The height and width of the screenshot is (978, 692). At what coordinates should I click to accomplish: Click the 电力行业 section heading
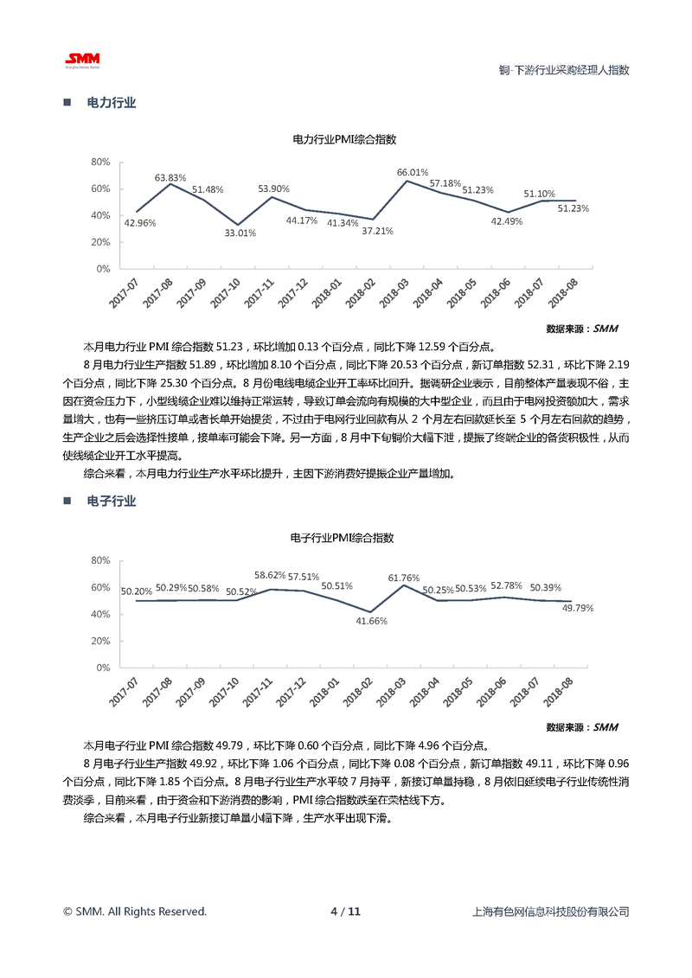click(112, 103)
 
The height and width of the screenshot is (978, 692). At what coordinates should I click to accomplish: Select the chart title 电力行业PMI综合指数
click(344, 139)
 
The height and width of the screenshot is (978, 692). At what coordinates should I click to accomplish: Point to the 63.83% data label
click(170, 177)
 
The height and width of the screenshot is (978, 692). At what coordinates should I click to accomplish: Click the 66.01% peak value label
click(413, 172)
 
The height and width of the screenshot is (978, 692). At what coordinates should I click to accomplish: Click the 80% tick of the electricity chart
click(99, 162)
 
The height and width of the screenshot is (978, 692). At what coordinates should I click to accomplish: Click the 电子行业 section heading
click(112, 502)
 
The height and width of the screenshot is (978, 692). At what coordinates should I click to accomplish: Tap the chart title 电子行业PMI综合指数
click(343, 538)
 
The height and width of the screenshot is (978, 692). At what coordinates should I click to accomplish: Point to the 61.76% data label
click(404, 578)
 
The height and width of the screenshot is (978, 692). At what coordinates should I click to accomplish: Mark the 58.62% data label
click(270, 575)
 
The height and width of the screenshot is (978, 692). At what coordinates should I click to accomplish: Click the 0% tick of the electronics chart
click(102, 668)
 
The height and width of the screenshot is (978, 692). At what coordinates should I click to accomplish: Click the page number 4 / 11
click(345, 911)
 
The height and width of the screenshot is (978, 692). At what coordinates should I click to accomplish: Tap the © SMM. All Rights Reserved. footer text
click(135, 911)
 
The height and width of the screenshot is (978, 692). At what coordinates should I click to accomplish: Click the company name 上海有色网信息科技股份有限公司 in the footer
click(551, 911)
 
